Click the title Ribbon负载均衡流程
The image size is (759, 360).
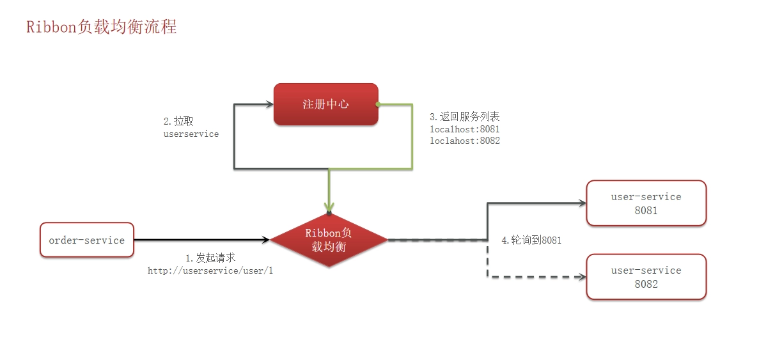(x=102, y=27)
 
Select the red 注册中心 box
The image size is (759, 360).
(x=325, y=104)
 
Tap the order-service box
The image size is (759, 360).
(x=87, y=240)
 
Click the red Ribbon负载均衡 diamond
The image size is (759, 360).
(x=329, y=240)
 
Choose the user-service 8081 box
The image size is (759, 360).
(x=646, y=203)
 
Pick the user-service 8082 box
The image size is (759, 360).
(x=646, y=277)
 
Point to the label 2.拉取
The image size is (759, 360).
(x=178, y=121)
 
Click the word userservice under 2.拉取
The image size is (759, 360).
(x=191, y=134)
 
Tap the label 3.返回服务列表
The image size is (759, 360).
(x=465, y=116)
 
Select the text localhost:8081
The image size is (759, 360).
(x=465, y=129)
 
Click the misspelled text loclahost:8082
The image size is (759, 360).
(x=465, y=141)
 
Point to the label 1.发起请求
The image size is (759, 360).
(x=210, y=258)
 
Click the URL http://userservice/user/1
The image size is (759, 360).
(x=210, y=271)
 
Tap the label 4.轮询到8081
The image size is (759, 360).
(x=531, y=240)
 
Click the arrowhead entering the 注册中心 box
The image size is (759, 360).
(x=270, y=104)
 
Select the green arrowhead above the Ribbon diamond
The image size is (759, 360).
(x=329, y=207)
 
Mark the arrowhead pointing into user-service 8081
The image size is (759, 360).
(x=581, y=204)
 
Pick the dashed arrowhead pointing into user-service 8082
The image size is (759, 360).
(x=581, y=278)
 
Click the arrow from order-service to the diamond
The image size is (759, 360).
(x=202, y=240)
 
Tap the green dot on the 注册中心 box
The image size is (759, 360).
(x=377, y=104)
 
